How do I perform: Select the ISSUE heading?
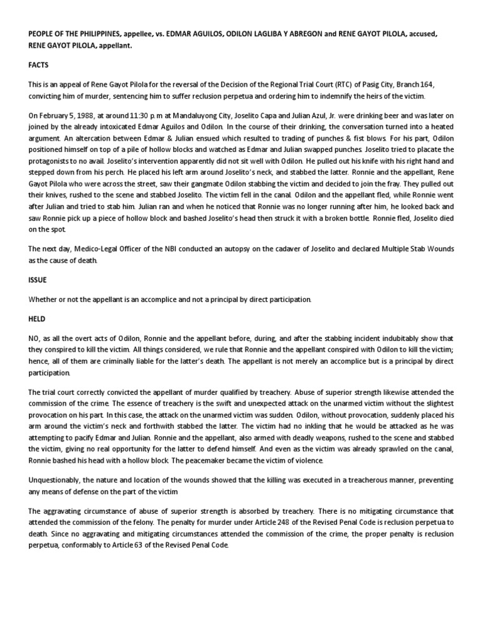[x=36, y=279]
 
